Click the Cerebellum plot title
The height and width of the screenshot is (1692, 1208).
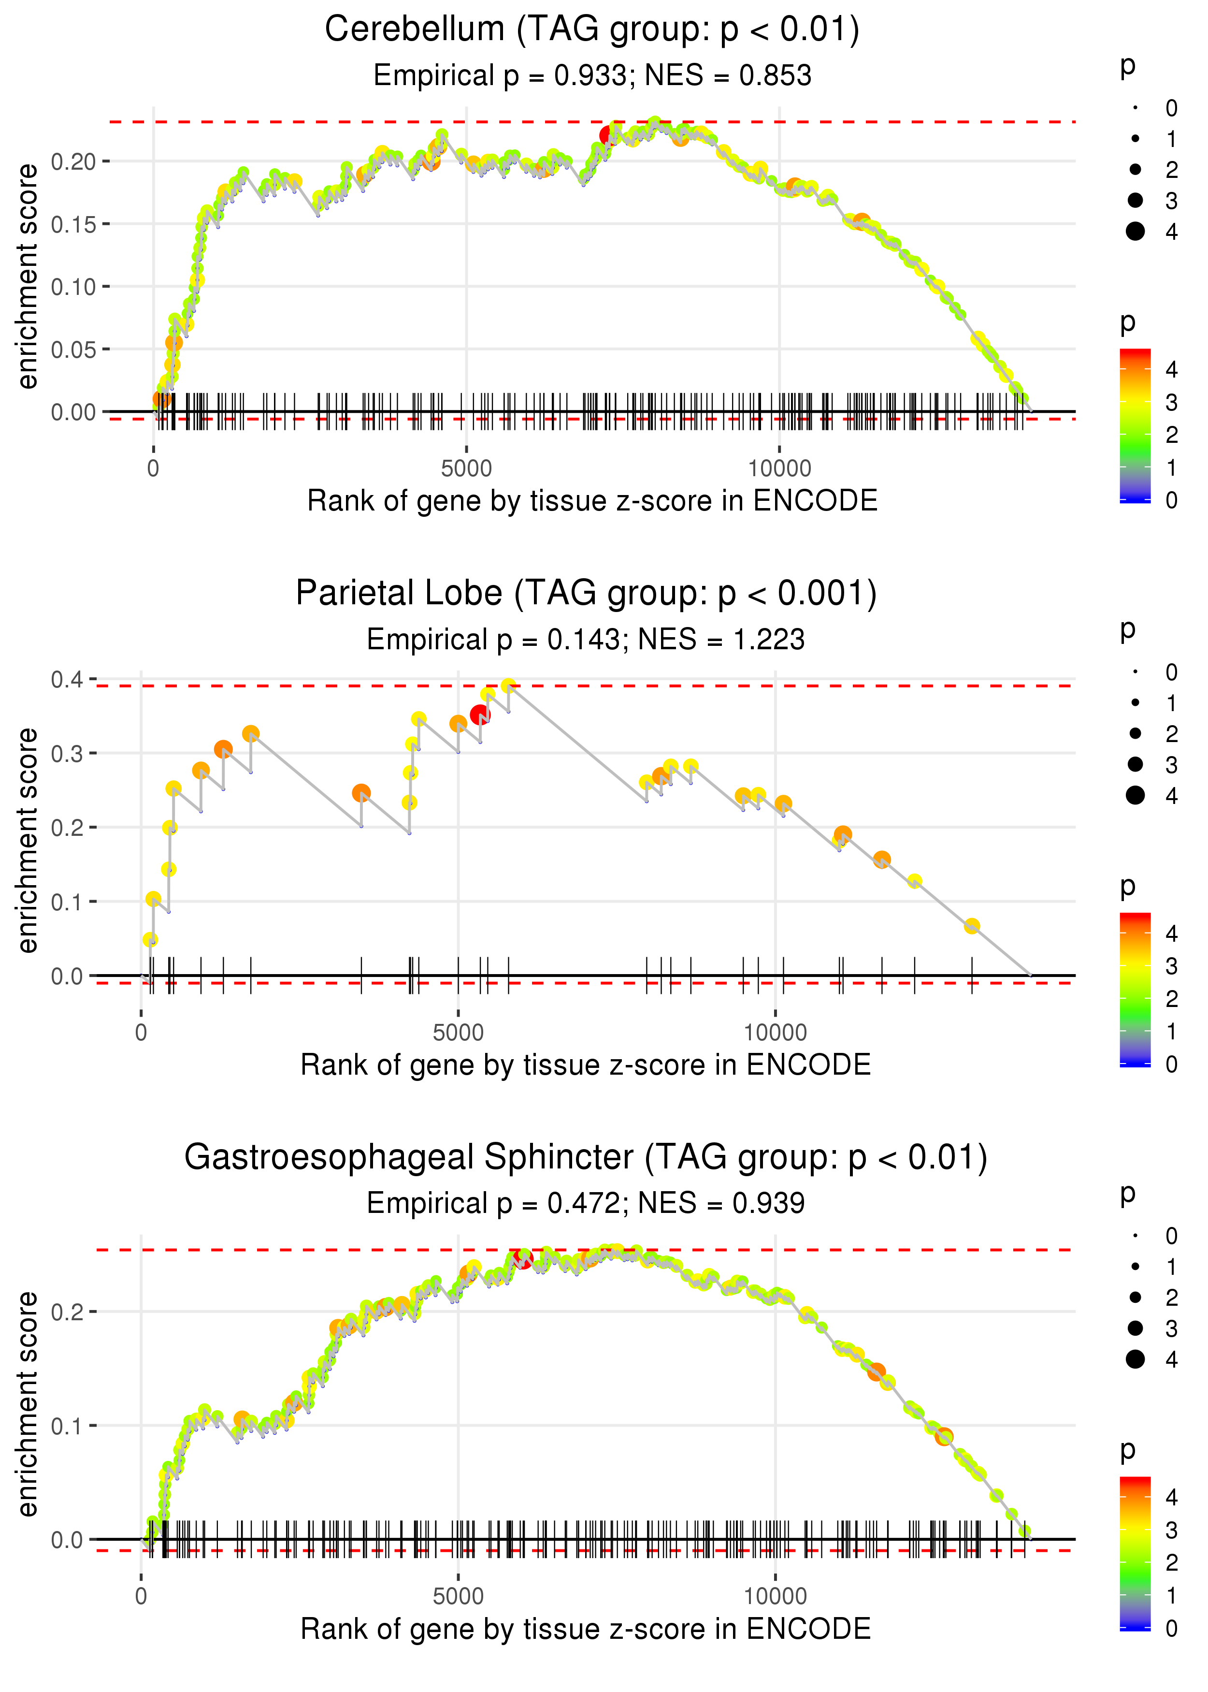[x=591, y=30]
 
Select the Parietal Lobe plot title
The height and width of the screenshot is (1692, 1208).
[x=586, y=593]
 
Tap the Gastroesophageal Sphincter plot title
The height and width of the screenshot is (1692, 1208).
[x=586, y=1157]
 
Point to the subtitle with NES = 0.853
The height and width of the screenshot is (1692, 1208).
[x=591, y=75]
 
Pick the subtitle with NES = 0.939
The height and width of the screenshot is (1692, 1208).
[x=586, y=1203]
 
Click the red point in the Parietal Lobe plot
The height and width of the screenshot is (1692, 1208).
[x=480, y=715]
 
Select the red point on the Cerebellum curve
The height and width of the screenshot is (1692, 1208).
[x=608, y=135]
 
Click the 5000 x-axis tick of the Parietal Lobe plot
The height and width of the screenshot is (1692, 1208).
[x=458, y=1032]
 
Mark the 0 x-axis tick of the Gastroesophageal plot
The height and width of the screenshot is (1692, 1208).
[x=141, y=1596]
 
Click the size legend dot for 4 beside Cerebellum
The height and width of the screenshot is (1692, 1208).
[x=1135, y=232]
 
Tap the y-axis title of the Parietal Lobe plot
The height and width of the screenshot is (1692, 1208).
[x=28, y=840]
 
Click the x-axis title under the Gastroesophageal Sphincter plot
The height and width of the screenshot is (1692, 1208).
[x=586, y=1629]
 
